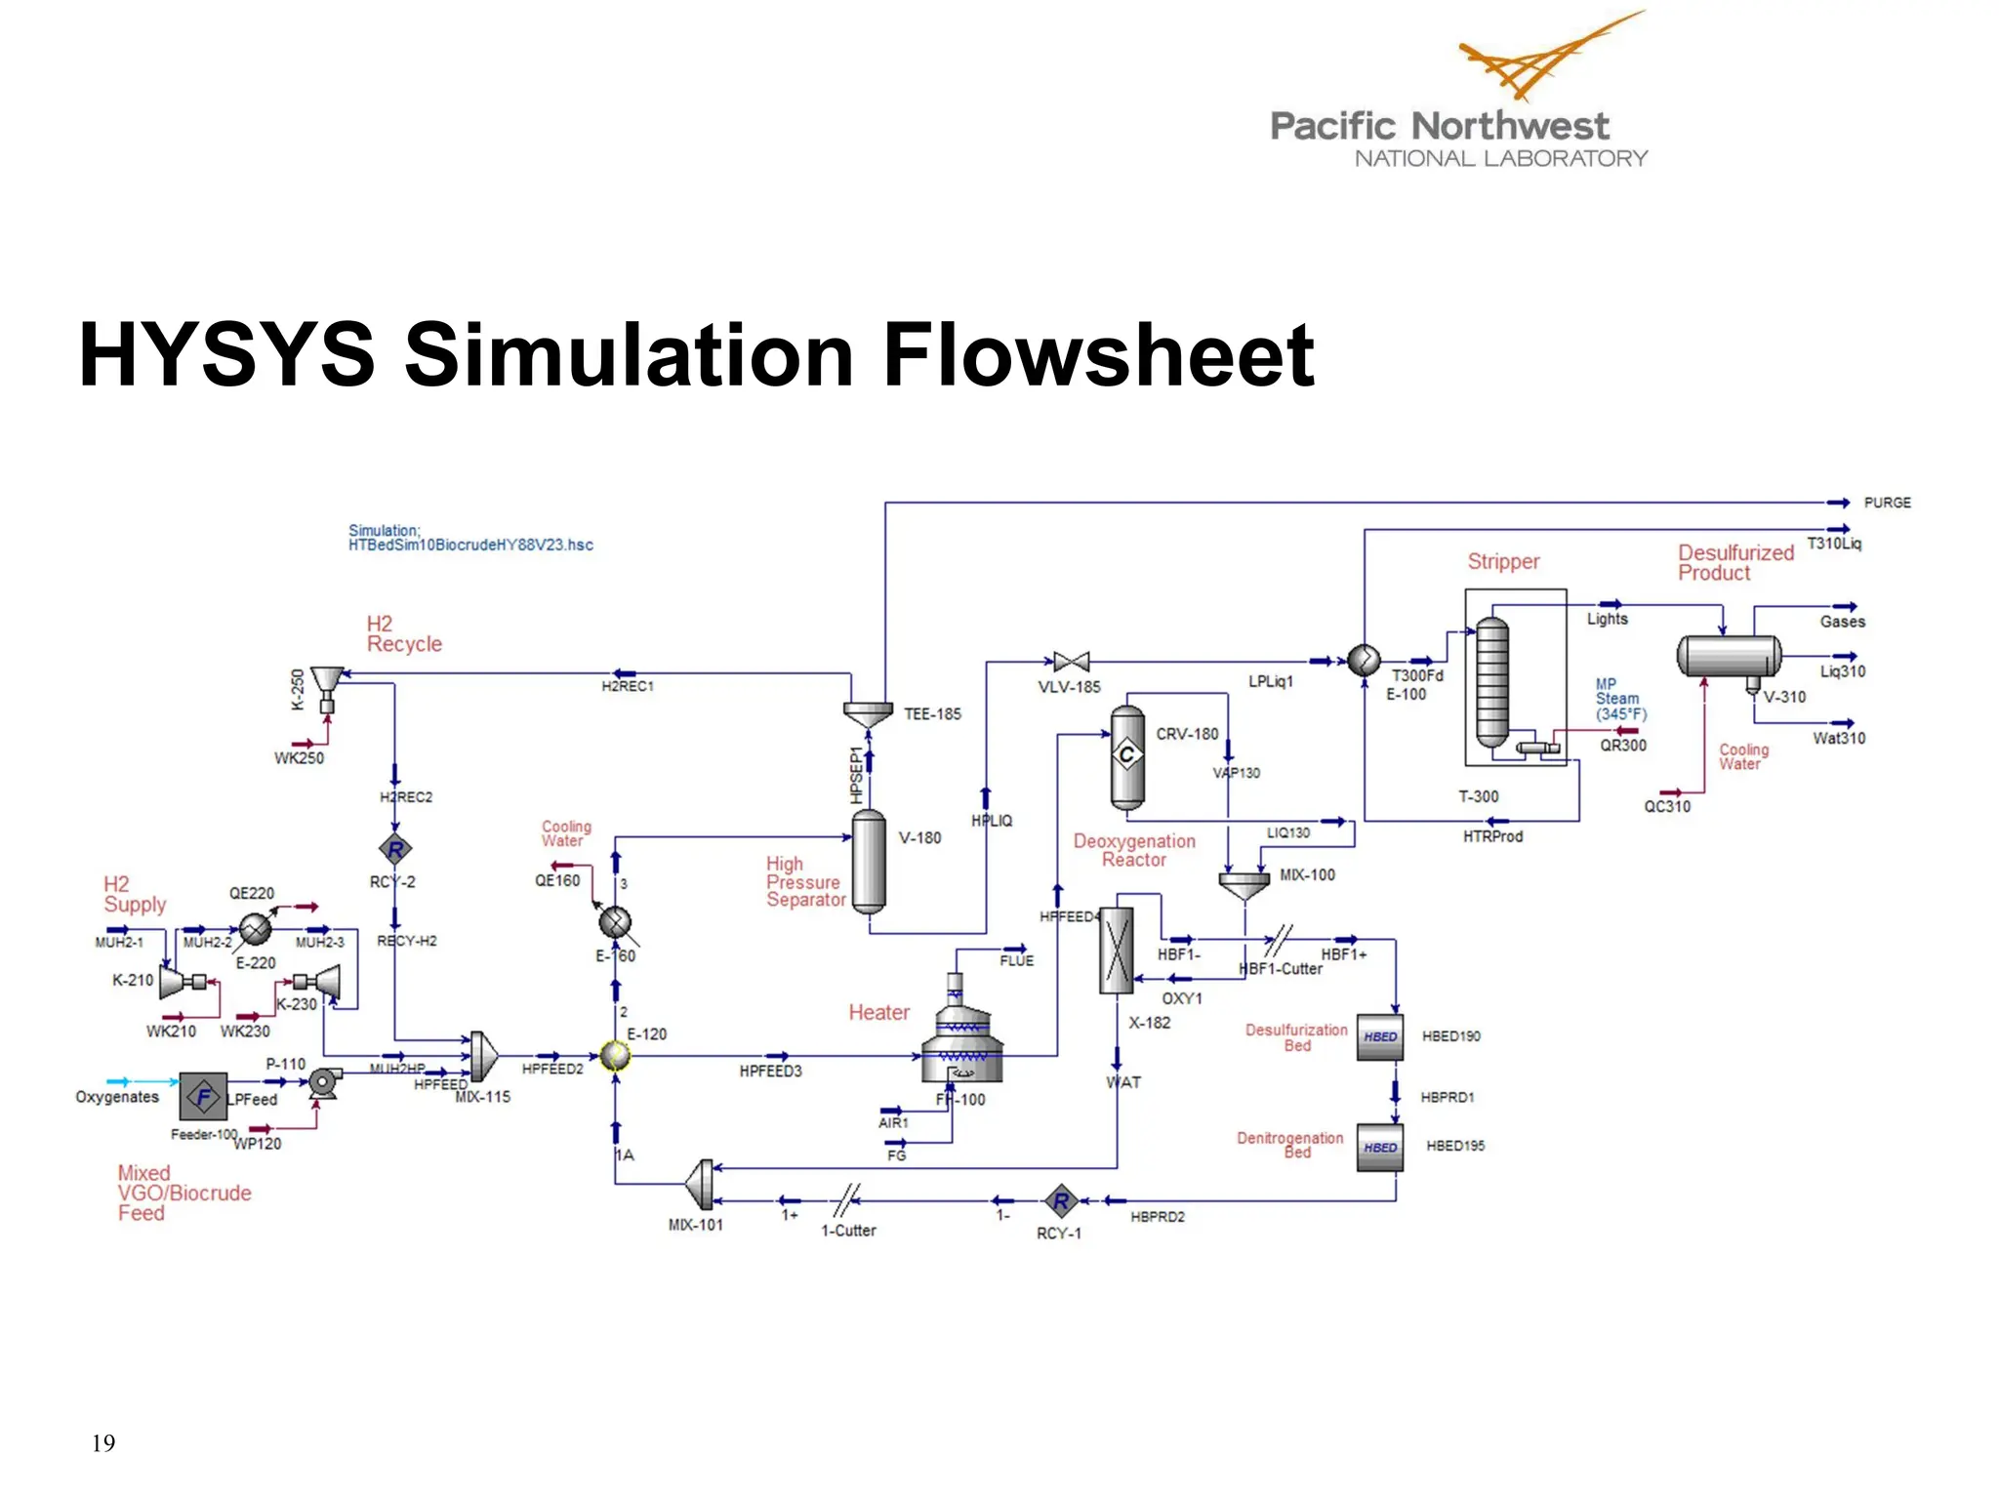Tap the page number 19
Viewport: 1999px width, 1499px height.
103,1442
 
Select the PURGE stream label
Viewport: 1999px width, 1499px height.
1887,503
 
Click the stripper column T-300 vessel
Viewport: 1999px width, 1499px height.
1492,681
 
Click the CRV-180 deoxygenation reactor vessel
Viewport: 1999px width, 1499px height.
1127,757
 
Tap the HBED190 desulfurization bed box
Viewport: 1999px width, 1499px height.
1380,1036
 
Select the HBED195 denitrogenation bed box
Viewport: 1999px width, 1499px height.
1380,1148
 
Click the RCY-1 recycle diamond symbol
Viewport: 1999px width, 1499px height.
1061,1200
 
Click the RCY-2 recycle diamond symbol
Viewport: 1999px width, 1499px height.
395,849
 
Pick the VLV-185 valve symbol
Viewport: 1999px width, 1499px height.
1071,663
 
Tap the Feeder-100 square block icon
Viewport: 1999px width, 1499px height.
204,1097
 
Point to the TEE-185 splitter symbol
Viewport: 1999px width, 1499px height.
868,713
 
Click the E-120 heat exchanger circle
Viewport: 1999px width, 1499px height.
615,1055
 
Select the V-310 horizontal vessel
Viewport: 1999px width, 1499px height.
1729,656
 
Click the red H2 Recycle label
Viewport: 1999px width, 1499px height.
403,634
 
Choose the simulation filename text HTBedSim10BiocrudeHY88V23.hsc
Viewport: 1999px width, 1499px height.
470,546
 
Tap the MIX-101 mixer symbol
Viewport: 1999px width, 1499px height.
701,1184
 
